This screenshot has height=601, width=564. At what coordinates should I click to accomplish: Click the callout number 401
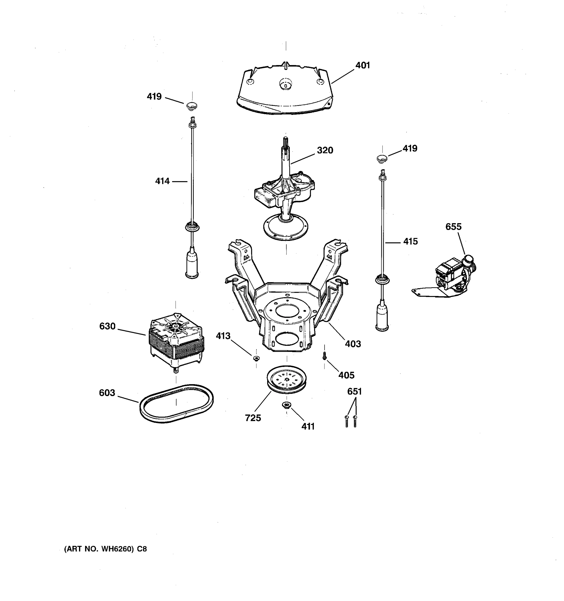(362, 65)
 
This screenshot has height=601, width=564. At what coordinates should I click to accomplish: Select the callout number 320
(325, 150)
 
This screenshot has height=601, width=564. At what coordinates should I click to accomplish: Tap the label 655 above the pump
(453, 226)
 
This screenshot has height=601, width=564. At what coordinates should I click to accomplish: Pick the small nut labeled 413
(256, 359)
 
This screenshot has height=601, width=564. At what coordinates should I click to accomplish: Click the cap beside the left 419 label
(191, 106)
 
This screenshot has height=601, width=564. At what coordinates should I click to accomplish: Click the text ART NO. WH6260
(105, 549)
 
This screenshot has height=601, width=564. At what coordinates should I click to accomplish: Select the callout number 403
(353, 344)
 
